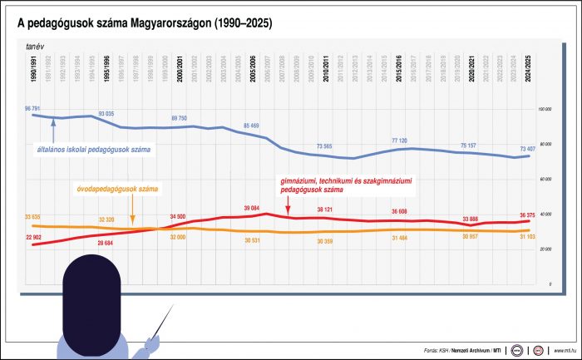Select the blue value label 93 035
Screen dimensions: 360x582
pyautogui.click(x=106, y=113)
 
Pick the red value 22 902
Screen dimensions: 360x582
pyautogui.click(x=33, y=238)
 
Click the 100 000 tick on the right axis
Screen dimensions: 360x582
pyautogui.click(x=545, y=109)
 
